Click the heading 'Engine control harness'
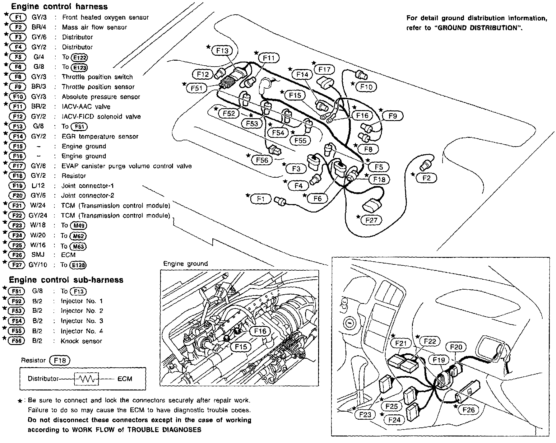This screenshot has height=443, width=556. click(59, 6)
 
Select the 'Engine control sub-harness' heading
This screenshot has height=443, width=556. click(66, 280)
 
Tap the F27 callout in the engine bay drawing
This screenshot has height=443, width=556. click(371, 220)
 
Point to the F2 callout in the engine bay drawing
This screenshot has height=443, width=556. click(427, 178)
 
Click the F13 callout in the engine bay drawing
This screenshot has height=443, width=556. click(222, 51)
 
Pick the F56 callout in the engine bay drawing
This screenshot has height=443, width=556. click(262, 160)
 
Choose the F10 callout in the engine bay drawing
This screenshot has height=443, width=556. click(366, 87)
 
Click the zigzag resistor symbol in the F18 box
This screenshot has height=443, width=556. click(86, 379)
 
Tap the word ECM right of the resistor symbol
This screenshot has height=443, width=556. click(125, 379)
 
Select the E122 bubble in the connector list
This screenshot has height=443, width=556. click(79, 58)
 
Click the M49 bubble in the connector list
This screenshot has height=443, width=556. click(79, 226)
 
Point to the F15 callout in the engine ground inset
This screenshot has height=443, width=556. click(241, 347)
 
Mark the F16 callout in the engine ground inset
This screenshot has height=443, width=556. click(260, 331)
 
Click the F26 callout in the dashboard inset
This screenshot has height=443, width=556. click(468, 410)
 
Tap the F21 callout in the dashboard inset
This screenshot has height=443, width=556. click(401, 343)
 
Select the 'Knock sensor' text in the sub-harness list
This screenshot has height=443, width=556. click(81, 341)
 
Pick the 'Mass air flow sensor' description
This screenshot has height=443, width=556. click(95, 27)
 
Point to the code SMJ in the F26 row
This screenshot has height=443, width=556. click(38, 255)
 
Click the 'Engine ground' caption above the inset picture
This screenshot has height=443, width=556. click(185, 264)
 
